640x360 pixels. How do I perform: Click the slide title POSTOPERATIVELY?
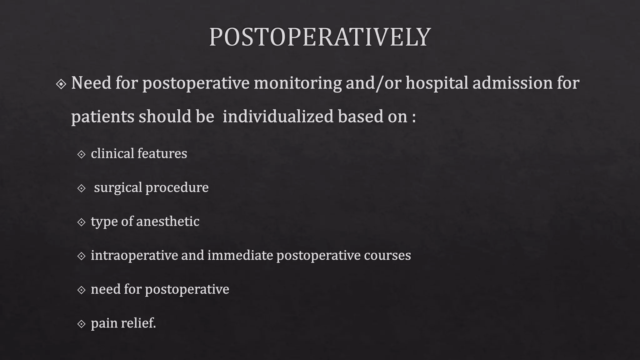[x=320, y=37]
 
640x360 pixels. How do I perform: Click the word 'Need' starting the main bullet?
[x=91, y=83]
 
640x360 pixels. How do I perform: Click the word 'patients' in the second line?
[x=102, y=117]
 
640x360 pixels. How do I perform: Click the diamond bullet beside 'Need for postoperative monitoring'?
[x=61, y=84]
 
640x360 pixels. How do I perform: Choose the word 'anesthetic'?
[x=167, y=221]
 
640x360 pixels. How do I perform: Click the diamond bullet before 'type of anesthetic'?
[x=81, y=222]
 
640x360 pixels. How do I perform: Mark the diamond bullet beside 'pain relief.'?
[x=81, y=324]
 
